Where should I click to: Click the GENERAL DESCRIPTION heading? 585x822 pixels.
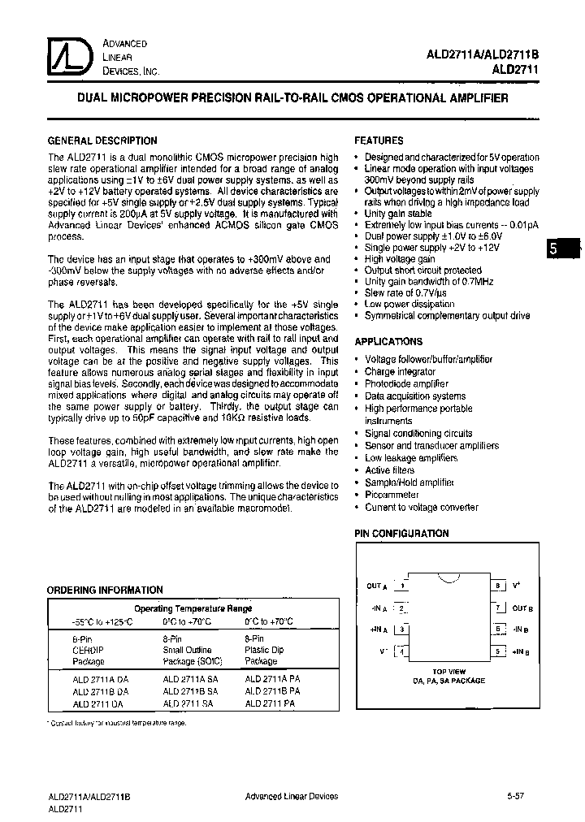pos(102,141)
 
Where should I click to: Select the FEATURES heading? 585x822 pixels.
pos(379,141)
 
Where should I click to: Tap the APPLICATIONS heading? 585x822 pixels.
pos(388,342)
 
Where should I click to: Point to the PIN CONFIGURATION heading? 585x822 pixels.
pos(401,534)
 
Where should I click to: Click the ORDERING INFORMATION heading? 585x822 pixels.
pos(105,590)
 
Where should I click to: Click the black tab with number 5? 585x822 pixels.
pos(555,250)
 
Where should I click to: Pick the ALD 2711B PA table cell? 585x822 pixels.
pos(272,691)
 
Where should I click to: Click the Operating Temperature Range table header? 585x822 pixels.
pos(193,608)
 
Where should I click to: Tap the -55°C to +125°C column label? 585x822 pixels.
pos(102,621)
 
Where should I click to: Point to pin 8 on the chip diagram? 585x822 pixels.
pos(498,586)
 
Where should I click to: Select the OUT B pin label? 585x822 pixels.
pos(522,608)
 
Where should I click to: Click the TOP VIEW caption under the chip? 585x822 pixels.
pos(449,672)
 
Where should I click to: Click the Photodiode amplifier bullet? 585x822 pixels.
pos(406,383)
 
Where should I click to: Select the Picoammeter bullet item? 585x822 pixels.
pos(392,495)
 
